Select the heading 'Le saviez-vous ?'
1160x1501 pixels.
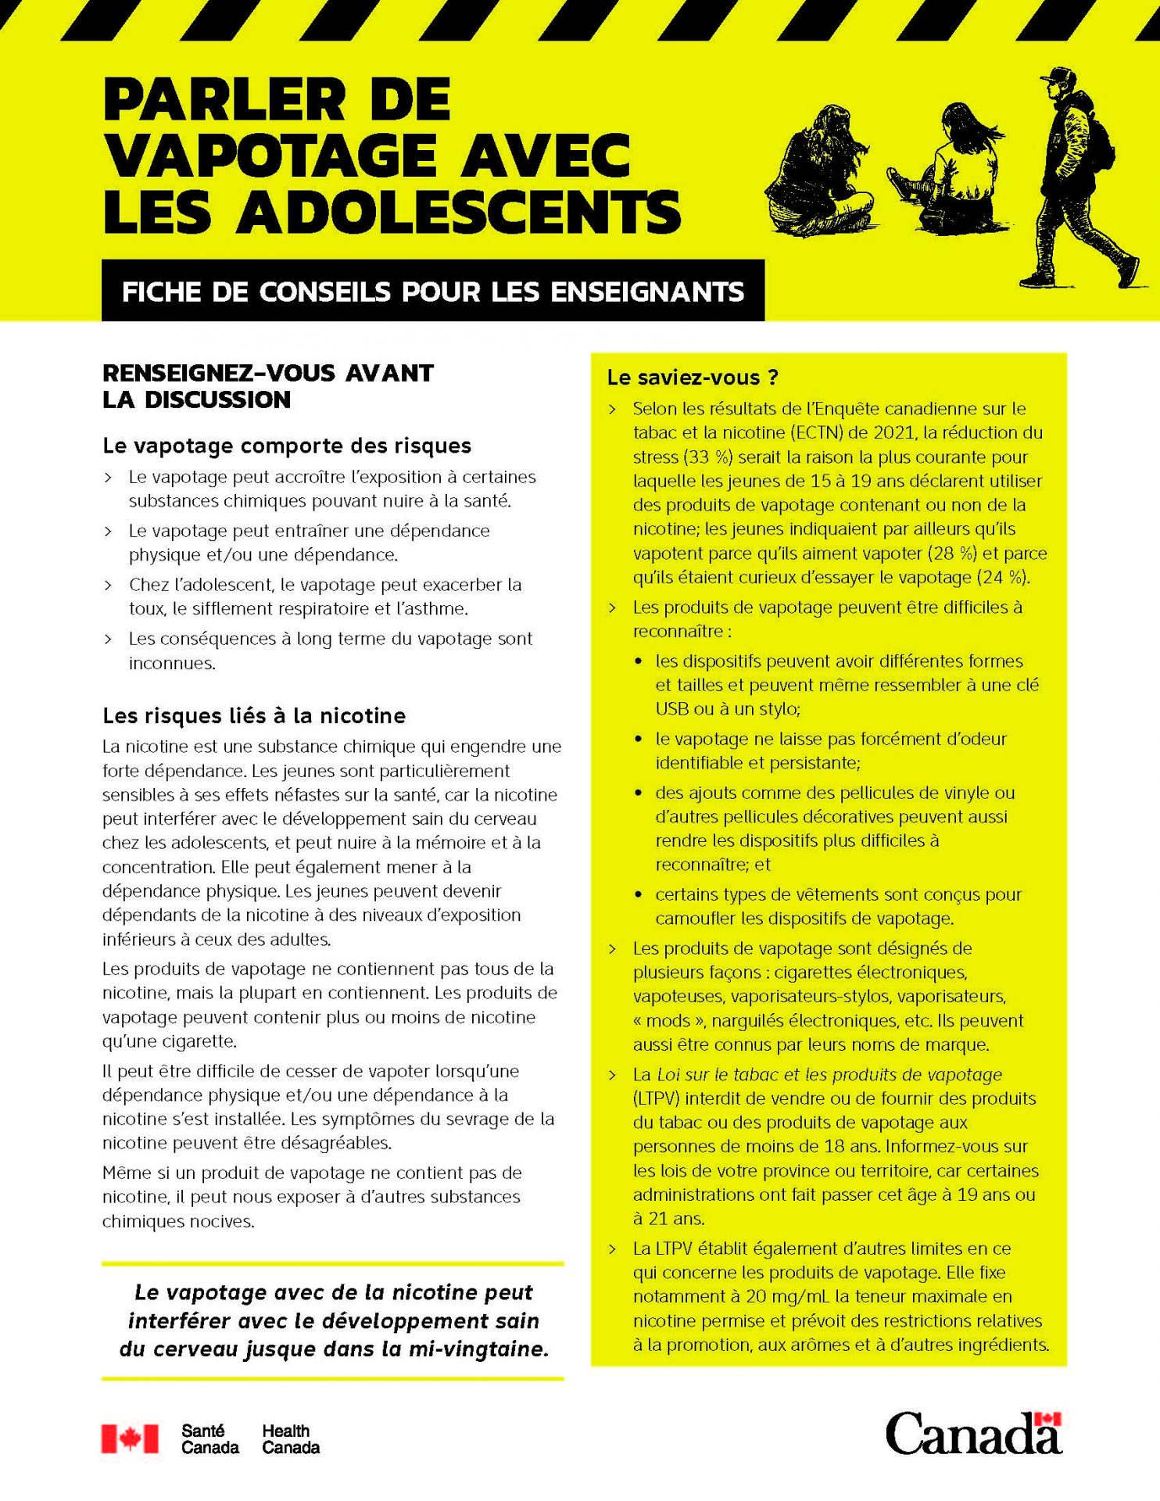693,378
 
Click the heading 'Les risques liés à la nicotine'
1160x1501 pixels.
254,716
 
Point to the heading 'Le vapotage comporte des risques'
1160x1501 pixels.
287,446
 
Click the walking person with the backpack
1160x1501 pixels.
1083,180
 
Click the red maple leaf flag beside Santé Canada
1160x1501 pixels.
130,1438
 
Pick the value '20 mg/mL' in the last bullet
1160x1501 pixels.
788,1296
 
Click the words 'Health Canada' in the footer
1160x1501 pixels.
291,1439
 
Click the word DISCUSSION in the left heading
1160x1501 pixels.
217,399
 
